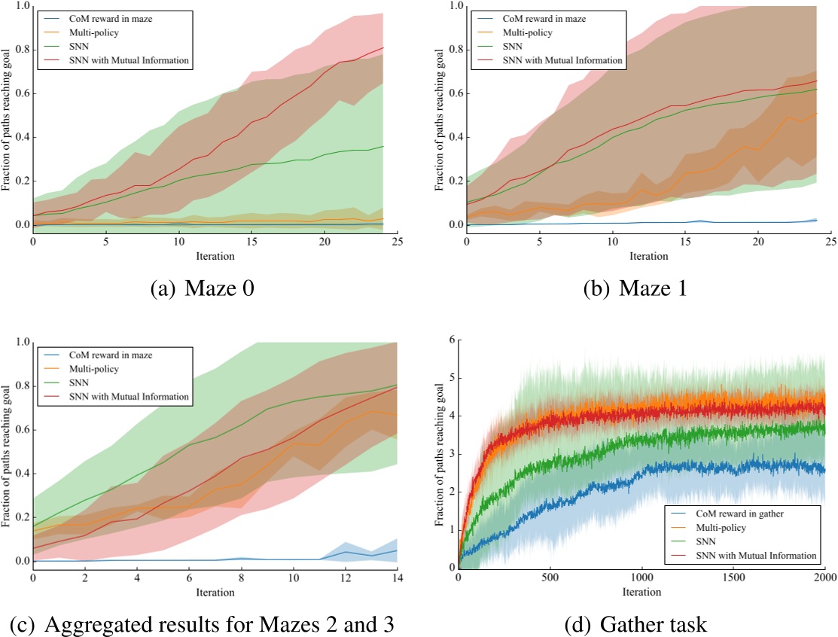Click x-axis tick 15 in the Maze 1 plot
[x=684, y=242]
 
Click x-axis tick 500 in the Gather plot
[x=550, y=578]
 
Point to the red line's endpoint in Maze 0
[x=382, y=48]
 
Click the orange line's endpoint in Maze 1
[x=816, y=113]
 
